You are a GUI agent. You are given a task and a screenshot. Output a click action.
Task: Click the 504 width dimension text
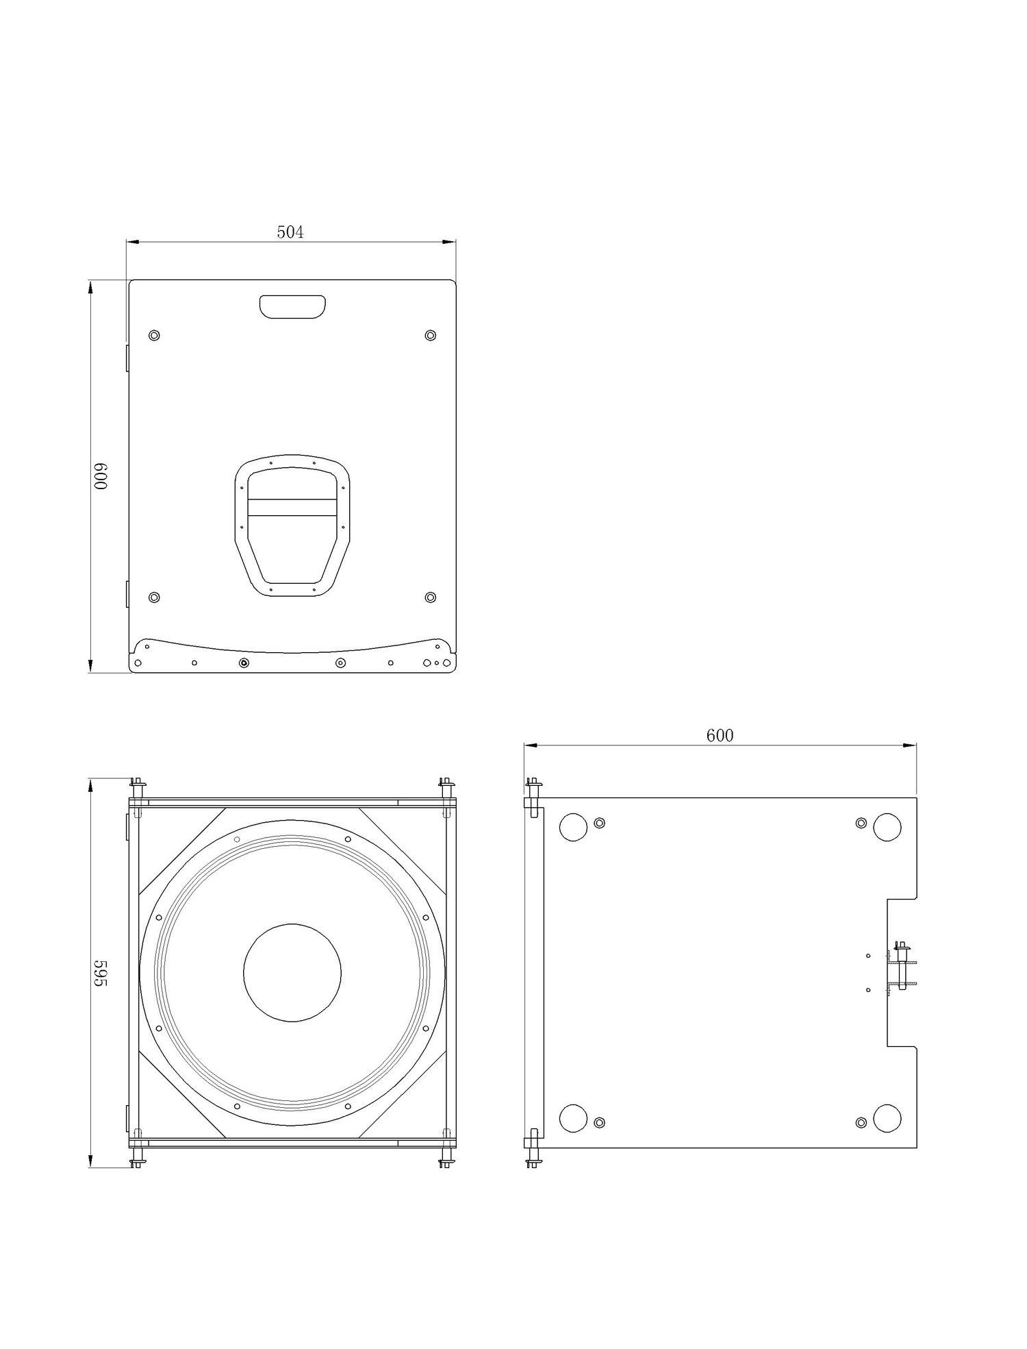pos(290,232)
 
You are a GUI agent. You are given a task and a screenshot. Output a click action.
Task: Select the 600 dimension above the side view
pos(720,735)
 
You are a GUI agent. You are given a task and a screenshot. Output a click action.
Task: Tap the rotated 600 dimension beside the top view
pos(101,476)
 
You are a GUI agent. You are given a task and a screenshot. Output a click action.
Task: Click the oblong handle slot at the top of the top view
pos(292,306)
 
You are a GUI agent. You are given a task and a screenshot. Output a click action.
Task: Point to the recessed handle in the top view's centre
pos(292,525)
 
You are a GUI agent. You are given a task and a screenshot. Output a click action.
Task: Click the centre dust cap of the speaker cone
pos(292,972)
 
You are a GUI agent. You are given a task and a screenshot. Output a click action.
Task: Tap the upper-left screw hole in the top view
pos(154,335)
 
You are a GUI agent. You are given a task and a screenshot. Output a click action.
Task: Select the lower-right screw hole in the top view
pos(431,597)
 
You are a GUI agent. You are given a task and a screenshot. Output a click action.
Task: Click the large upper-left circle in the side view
pos(574,827)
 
